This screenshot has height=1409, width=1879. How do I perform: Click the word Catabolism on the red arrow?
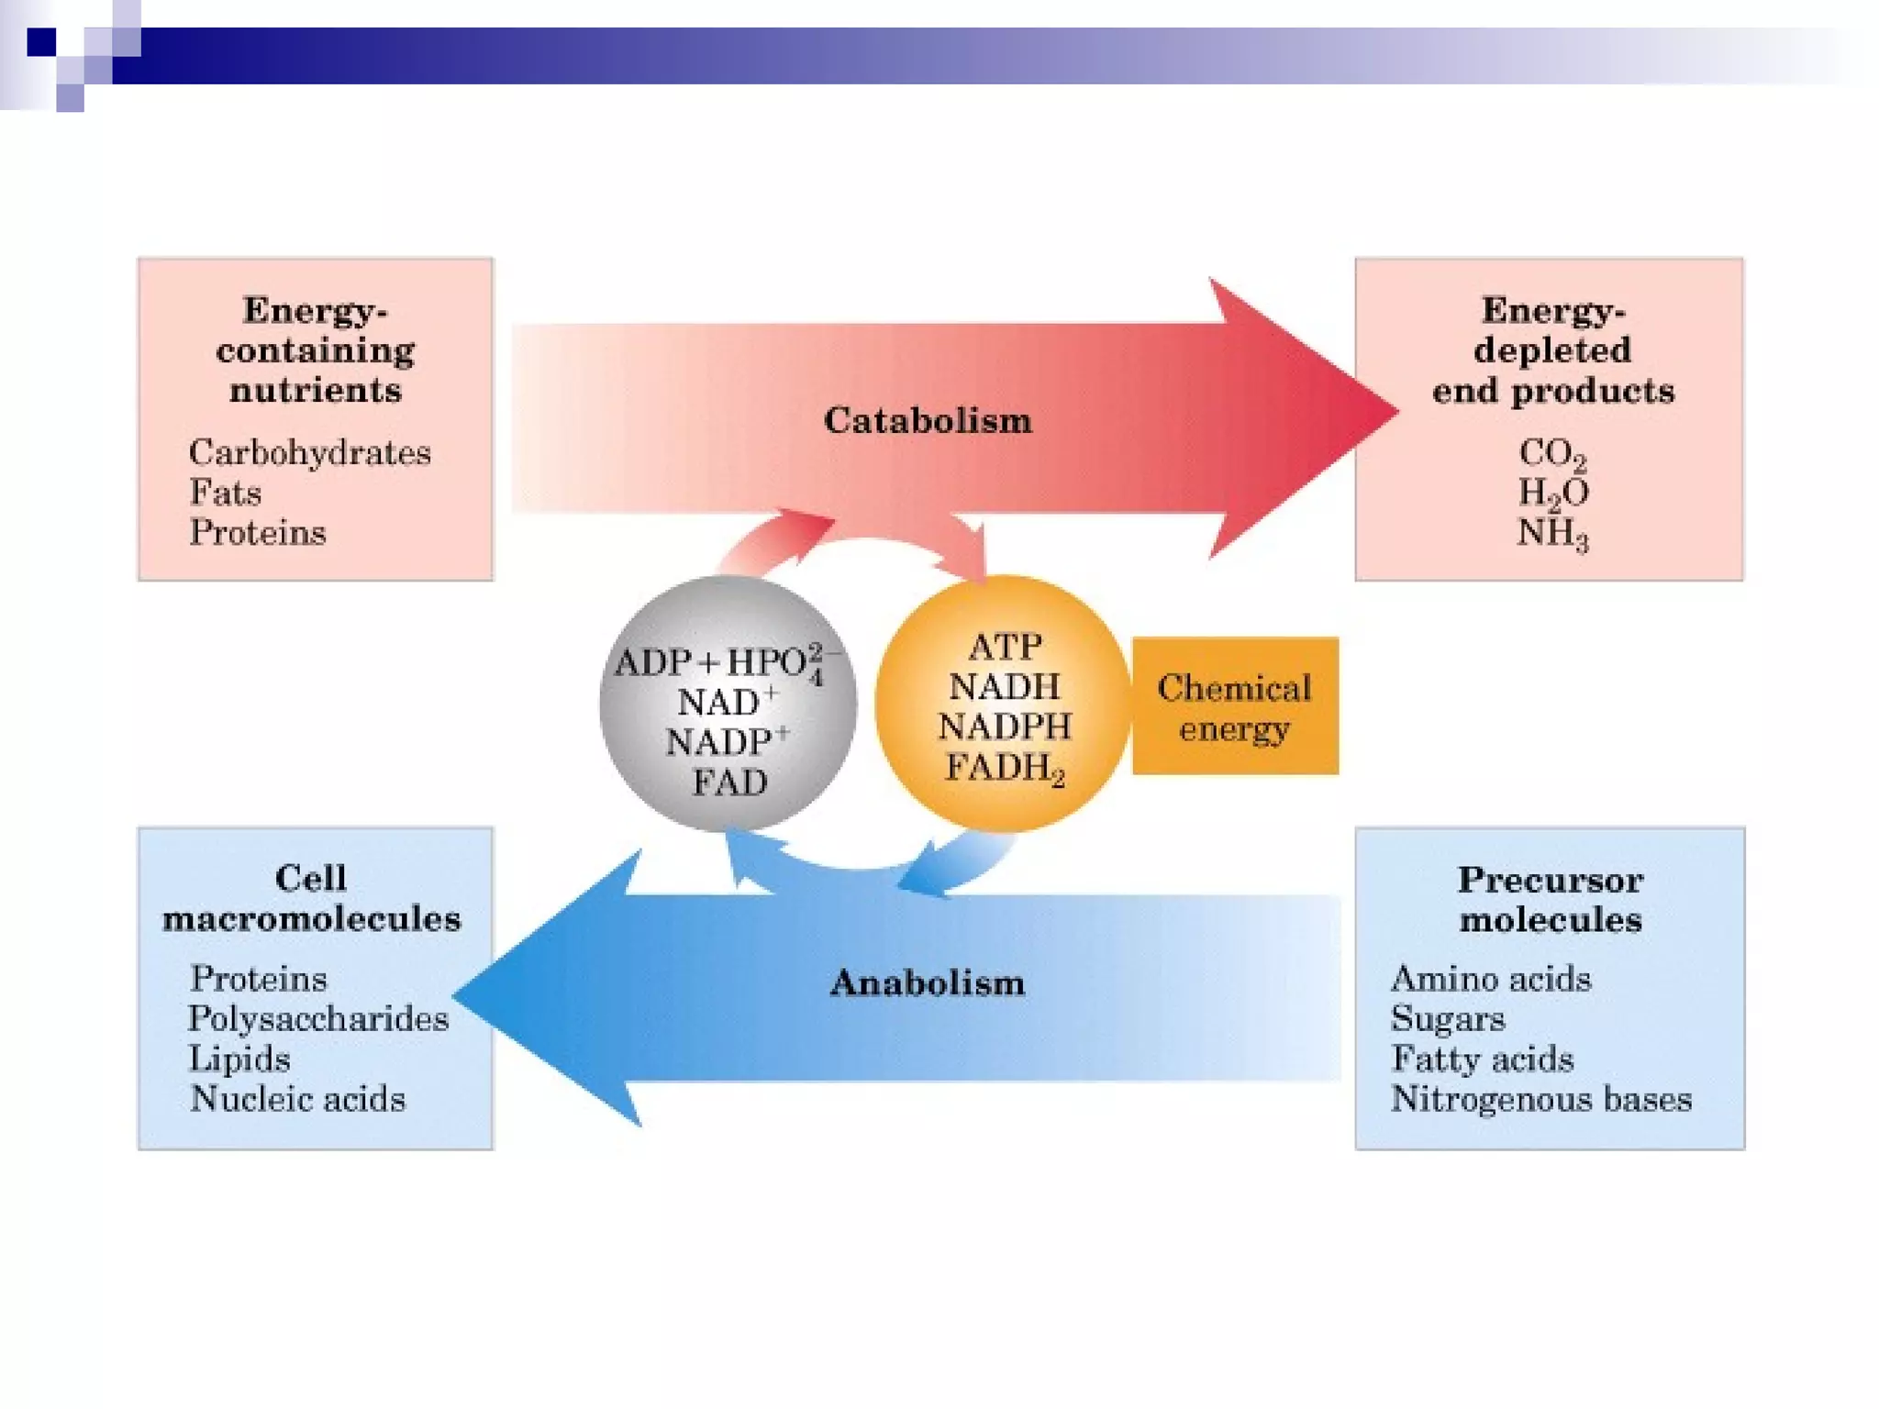928,421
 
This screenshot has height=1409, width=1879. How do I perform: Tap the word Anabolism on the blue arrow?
927,983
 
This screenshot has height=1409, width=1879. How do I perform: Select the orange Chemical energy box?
1235,706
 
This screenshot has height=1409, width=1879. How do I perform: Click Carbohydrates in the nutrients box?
310,453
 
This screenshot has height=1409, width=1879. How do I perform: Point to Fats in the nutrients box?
226,494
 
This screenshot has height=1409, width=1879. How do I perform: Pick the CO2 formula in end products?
1551,454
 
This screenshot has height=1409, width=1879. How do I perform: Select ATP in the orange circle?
1005,648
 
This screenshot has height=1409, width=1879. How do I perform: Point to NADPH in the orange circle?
1005,727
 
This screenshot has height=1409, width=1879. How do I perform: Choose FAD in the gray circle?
729,782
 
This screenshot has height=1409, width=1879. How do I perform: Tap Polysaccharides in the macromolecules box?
318,1019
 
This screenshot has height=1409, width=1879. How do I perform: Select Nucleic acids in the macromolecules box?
297,1099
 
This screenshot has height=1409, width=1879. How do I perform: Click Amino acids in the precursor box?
1491,979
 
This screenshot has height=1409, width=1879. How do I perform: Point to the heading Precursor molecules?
1551,900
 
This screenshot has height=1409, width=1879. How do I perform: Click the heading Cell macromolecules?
312,899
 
